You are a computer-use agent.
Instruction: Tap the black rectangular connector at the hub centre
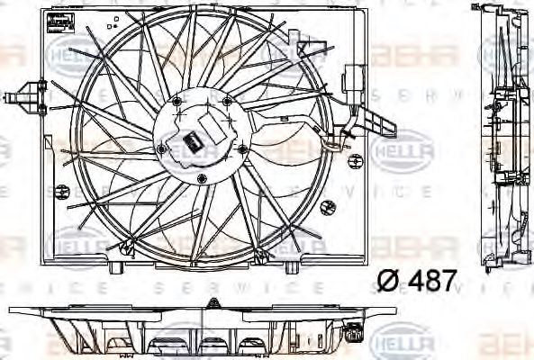[x=191, y=140]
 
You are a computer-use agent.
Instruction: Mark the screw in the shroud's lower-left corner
[x=62, y=190]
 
